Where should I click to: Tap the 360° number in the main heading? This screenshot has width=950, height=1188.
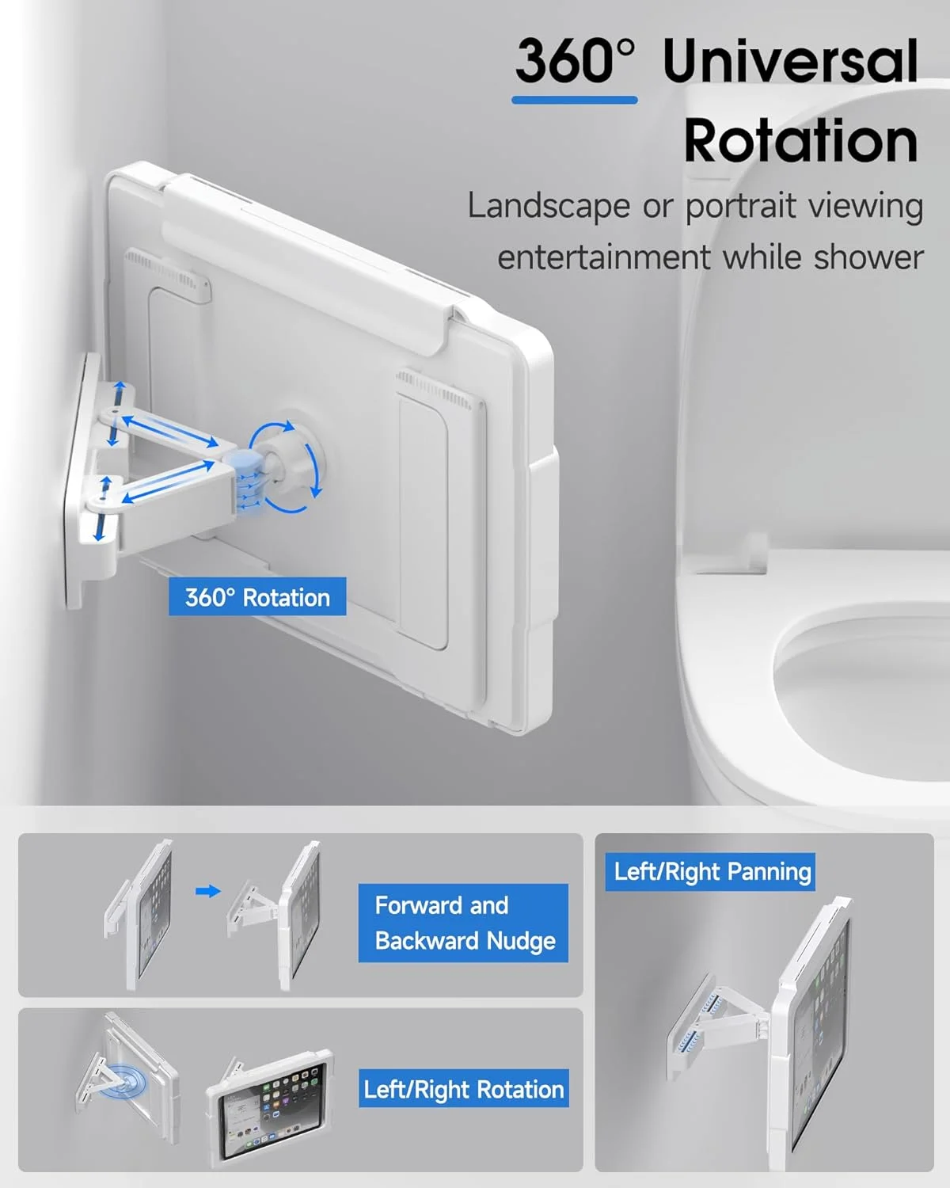575,60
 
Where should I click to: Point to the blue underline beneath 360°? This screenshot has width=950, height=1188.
575,100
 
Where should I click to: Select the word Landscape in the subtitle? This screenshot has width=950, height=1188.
549,207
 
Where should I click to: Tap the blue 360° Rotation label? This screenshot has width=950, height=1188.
257,596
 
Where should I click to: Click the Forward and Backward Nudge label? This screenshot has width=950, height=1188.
463,923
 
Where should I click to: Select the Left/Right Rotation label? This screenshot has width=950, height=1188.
464,1088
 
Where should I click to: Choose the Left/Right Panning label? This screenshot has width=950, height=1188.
710,872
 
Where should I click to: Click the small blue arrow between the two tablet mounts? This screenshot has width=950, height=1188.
208,890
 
